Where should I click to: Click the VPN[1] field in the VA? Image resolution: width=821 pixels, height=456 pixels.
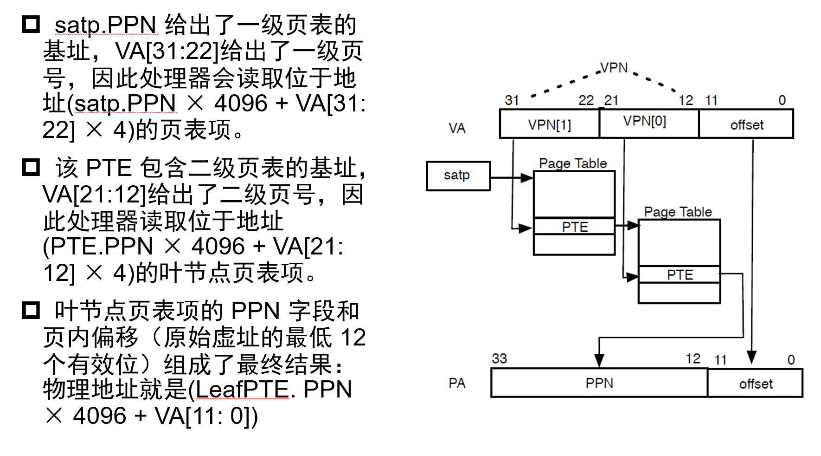pos(549,124)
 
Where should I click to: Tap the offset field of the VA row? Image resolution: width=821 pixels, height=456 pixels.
pos(746,124)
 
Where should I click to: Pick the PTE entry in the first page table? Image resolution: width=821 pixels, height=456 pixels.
pos(574,227)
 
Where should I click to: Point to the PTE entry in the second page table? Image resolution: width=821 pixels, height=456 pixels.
pos(680,274)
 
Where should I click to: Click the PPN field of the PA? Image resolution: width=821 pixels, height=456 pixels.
pos(599,383)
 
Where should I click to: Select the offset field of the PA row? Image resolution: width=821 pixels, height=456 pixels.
pos(756,384)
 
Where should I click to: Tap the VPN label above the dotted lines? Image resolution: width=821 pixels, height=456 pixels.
pos(614,68)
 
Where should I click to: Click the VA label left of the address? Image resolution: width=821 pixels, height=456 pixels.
pos(457,128)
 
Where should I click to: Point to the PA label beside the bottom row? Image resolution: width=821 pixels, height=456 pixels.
pos(457,383)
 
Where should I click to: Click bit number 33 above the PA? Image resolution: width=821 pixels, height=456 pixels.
pos(500,358)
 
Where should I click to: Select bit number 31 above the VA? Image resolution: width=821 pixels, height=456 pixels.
pos(512,100)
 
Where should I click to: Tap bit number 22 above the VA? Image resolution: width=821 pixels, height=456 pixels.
pos(586,100)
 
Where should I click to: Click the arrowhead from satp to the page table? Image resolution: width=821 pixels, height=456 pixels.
pos(527,177)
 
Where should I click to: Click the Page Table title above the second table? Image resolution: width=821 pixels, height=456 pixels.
pos(678,212)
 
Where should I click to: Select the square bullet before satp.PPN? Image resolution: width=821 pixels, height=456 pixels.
pos(31,24)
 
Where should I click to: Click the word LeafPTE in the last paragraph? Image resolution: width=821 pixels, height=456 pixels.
pos(243,389)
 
